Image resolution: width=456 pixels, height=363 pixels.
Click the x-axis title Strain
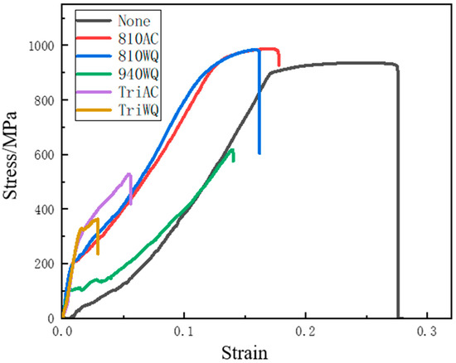(x=245, y=352)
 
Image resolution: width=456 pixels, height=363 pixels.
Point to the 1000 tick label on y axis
(x=41, y=46)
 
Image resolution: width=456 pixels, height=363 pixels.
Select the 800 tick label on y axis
(x=44, y=100)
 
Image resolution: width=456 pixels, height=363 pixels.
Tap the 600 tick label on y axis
(x=44, y=155)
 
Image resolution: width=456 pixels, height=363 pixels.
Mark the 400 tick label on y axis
(x=44, y=209)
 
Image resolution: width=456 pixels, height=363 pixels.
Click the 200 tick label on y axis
(x=44, y=264)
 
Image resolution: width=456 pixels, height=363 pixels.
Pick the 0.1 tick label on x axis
(x=184, y=330)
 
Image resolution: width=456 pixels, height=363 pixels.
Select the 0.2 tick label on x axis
(x=306, y=330)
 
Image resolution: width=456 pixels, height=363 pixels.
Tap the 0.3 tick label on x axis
(x=427, y=330)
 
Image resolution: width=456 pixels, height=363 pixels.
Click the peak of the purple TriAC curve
(x=129, y=174)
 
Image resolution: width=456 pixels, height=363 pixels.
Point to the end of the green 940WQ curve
(x=233, y=159)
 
